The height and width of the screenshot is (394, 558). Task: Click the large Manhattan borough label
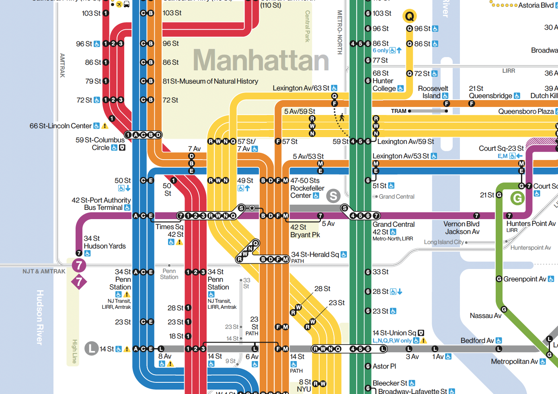[261, 60]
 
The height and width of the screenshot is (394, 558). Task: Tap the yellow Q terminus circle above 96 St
[409, 16]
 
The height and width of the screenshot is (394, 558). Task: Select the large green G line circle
[517, 198]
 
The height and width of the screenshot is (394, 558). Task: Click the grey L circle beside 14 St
[92, 348]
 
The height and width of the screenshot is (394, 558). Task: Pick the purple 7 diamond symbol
[79, 282]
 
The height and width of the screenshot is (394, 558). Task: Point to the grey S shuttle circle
[333, 196]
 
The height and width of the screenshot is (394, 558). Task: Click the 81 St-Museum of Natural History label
[210, 81]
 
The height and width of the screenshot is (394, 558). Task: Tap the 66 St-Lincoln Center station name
[61, 126]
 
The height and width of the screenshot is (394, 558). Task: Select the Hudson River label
[40, 317]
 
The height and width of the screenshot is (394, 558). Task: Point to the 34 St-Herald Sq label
[315, 254]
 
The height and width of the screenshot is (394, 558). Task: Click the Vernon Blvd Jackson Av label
[462, 228]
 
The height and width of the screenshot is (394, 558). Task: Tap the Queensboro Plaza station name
[525, 111]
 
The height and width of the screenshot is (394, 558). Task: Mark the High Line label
[74, 351]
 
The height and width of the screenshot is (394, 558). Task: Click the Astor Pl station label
[384, 366]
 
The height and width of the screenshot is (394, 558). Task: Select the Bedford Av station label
[477, 341]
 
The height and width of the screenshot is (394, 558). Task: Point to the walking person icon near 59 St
[342, 117]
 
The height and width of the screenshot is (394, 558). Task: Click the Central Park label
[308, 27]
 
